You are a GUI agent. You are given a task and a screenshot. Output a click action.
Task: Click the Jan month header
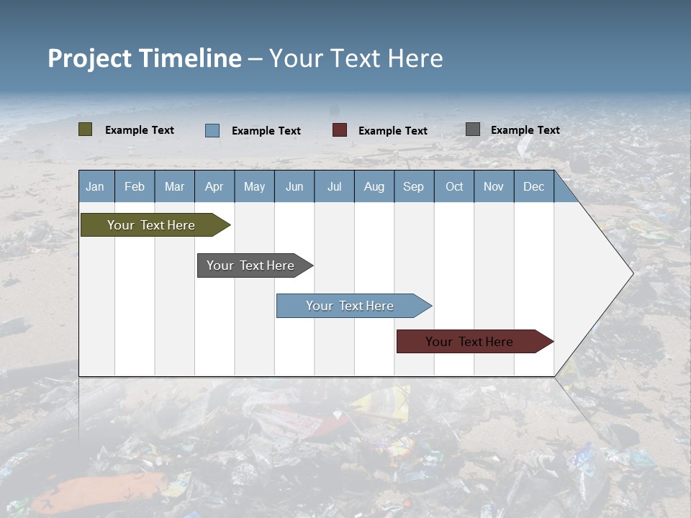point(96,186)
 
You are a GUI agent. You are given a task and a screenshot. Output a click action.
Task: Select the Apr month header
point(214,186)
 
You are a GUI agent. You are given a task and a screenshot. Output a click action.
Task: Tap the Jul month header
point(334,186)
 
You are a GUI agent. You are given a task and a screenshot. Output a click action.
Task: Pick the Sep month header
point(414,186)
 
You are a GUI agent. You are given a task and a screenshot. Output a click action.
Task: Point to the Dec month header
point(533,186)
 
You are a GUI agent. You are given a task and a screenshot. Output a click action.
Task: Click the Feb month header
point(135,186)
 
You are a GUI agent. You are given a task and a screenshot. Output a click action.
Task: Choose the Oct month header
point(454,186)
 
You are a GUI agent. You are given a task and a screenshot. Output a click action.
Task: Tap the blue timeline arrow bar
point(351,306)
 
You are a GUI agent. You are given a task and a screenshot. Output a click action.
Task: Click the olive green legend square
point(86,129)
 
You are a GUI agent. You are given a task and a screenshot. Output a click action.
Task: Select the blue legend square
point(212,130)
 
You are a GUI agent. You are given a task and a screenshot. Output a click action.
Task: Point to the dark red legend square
point(340,129)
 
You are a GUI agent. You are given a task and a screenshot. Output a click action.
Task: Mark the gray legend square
point(473,129)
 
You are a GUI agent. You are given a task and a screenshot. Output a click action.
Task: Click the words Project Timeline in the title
point(144,58)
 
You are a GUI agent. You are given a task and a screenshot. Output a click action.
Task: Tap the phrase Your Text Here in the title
point(356,58)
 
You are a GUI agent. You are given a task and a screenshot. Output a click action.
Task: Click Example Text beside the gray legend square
point(525,129)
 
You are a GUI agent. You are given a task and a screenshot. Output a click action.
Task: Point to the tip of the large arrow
point(632,273)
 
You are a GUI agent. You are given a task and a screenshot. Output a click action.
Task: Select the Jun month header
point(294,186)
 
